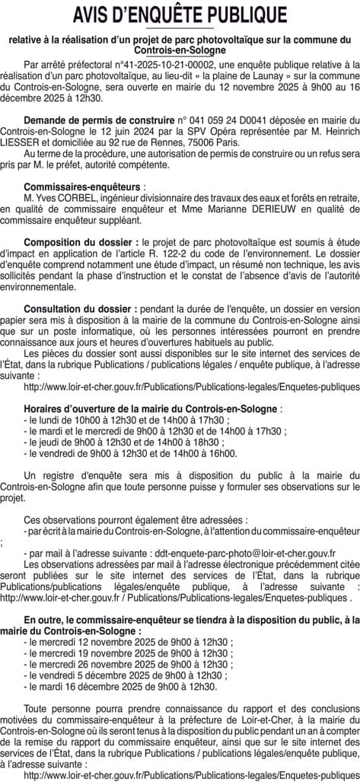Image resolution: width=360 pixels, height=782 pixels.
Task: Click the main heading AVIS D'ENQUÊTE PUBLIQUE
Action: coord(180,15)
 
